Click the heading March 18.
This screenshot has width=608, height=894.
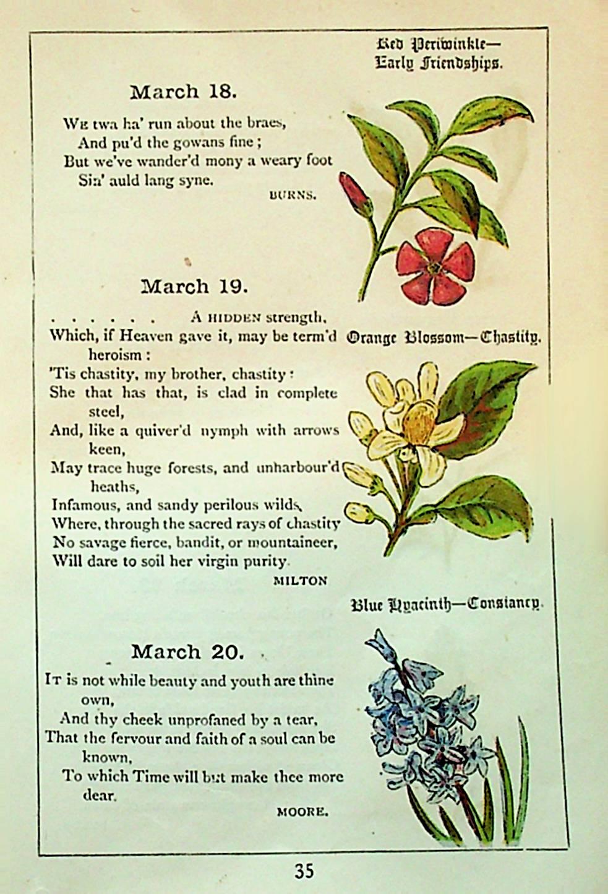coord(183,92)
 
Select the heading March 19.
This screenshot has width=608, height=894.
coord(194,287)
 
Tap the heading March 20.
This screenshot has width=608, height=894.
coord(187,652)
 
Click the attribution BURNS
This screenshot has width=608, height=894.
coord(293,195)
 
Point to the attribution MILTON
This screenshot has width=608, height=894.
coord(300,581)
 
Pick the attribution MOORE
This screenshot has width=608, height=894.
coord(302,812)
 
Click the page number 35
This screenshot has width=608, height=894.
coord(304,871)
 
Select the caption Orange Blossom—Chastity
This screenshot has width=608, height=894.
coord(443,338)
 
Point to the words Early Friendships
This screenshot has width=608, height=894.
coord(439,63)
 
